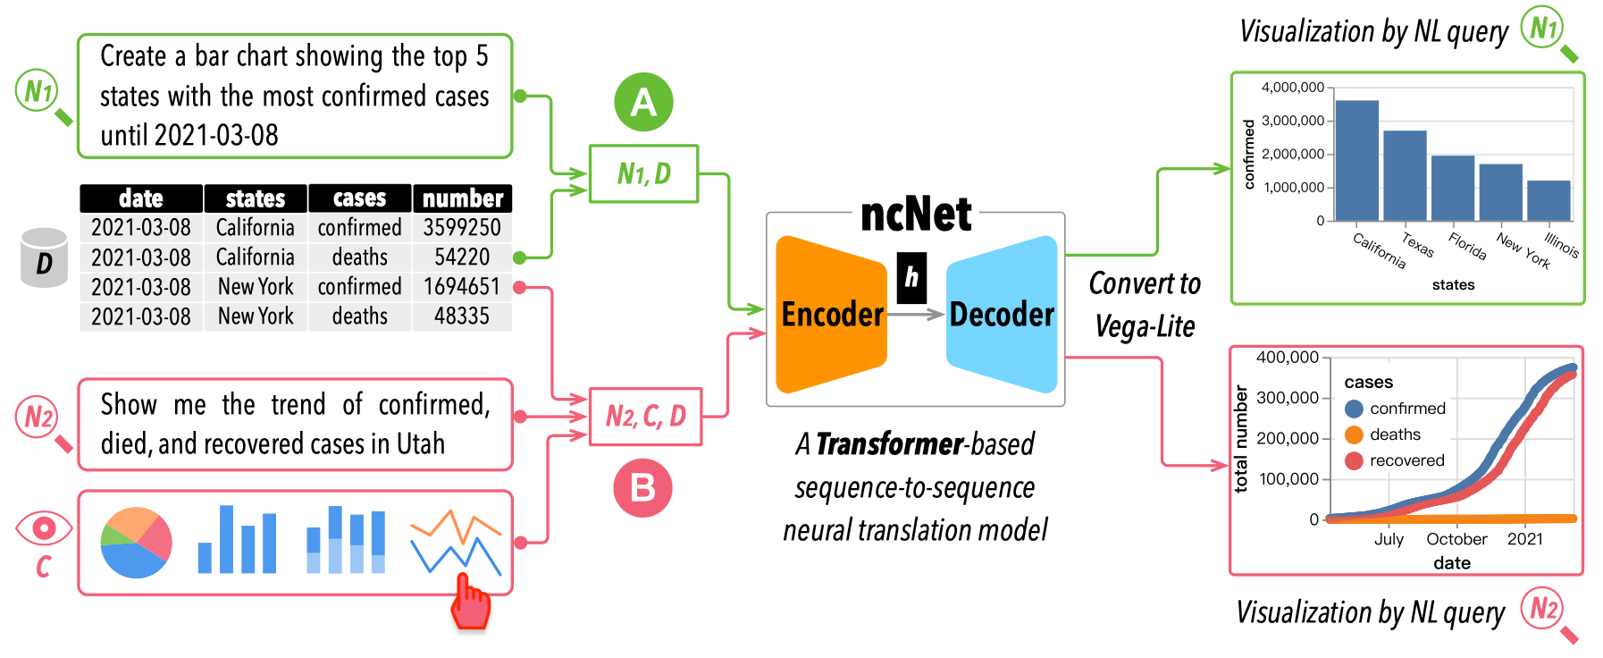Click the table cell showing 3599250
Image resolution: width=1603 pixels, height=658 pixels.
[461, 227]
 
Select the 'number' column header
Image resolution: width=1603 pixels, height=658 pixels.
[462, 198]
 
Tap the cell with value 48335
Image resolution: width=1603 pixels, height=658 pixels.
[461, 316]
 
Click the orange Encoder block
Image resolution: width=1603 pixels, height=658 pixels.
[831, 314]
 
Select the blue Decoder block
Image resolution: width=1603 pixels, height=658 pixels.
[1002, 314]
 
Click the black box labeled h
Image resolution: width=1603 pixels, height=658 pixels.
[911, 277]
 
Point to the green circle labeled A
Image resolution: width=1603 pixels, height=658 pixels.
[643, 102]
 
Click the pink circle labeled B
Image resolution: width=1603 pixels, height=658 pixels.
[642, 488]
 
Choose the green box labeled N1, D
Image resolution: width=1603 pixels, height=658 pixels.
[643, 173]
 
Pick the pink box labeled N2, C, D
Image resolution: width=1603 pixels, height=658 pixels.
[645, 416]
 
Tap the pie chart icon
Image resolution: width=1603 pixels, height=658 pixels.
[136, 543]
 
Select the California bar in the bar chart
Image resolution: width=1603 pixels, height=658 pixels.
[1356, 161]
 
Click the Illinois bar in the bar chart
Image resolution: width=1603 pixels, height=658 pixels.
[1548, 200]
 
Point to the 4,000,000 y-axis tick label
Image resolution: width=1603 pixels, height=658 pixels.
[1292, 88]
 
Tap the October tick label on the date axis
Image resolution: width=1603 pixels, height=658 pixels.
[1456, 539]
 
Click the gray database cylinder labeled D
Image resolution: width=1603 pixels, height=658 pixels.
[44, 258]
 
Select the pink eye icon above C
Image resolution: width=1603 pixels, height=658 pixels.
[43, 528]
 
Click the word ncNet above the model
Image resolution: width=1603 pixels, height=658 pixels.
[915, 215]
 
